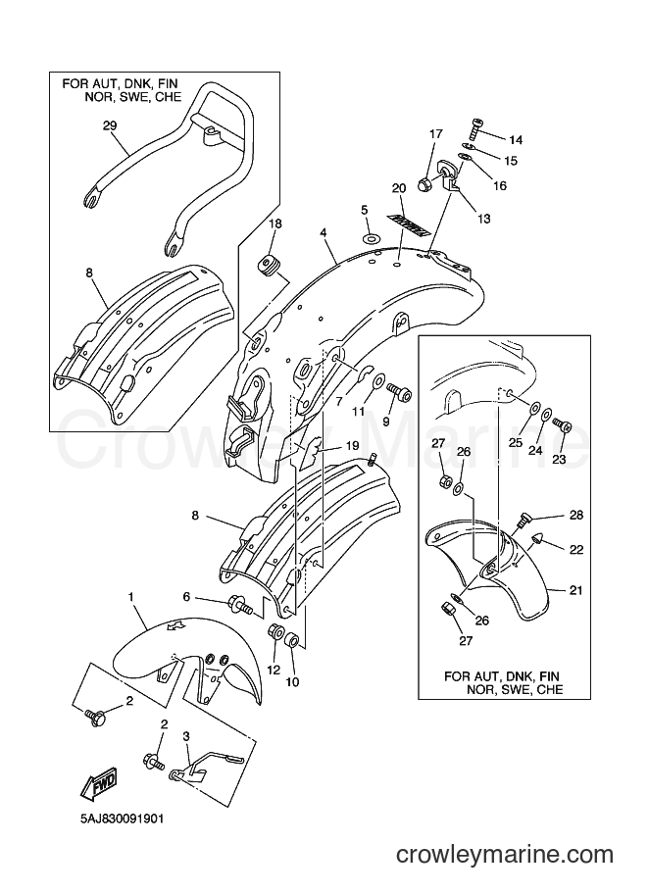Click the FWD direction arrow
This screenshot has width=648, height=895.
[x=99, y=781]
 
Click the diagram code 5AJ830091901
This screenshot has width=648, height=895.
[x=122, y=820]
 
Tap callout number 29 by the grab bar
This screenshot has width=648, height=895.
[x=110, y=125]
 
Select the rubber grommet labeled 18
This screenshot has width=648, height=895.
[x=266, y=267]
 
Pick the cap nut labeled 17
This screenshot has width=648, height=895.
[x=424, y=183]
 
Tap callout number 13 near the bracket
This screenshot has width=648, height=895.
[x=483, y=218]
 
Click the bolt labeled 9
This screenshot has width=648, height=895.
[x=399, y=393]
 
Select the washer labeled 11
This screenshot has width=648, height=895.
[x=378, y=380]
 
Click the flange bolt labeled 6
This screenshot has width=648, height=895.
[x=240, y=605]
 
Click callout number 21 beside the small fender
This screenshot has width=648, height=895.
[x=576, y=589]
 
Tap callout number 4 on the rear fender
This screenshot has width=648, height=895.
[x=324, y=233]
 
